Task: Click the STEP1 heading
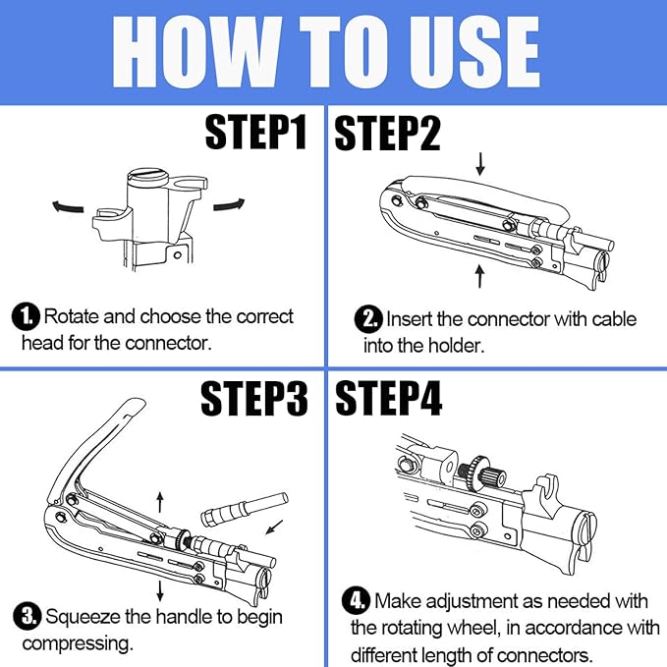coord(255,132)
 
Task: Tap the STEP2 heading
coord(387,133)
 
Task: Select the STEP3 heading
coord(254,398)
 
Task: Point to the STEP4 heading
coord(389,398)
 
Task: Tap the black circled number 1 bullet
coord(26,317)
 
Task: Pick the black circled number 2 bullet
coord(368,319)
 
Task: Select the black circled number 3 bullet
coord(28,616)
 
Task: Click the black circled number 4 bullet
coord(357,600)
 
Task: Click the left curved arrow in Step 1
coord(68,206)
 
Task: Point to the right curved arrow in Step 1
coord(229,204)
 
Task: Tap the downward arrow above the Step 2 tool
coord(480,164)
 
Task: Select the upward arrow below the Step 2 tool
coord(479,276)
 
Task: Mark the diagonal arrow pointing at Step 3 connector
coord(274,527)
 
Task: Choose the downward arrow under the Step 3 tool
coord(160,590)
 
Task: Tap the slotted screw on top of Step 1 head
coord(147,177)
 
